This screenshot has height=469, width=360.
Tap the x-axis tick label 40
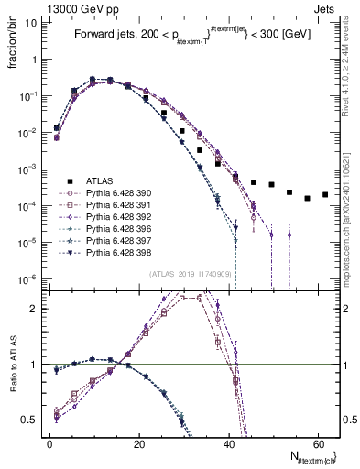pyautogui.click(x=228, y=443)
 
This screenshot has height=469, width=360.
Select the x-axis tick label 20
pyautogui.click(x=138, y=443)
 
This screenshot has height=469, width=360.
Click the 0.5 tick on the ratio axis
pyautogui.click(x=31, y=420)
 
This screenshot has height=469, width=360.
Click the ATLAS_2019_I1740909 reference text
pyautogui.click(x=190, y=274)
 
